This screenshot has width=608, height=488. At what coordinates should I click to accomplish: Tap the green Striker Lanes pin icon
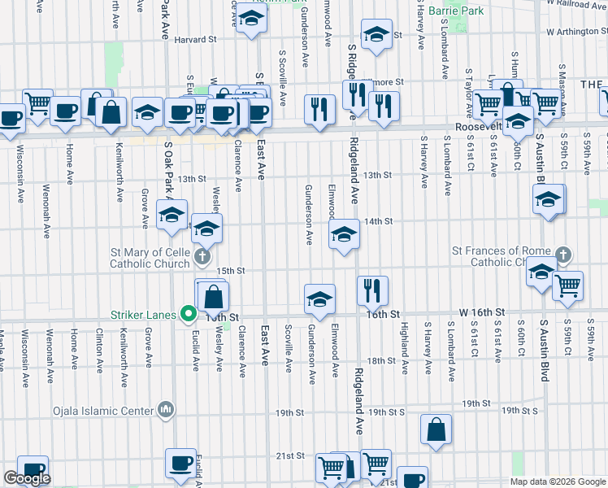[189, 313]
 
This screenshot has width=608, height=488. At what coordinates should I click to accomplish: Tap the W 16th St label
[482, 312]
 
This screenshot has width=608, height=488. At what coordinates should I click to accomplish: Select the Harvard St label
[195, 39]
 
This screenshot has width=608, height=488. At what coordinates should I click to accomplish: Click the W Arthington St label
[577, 33]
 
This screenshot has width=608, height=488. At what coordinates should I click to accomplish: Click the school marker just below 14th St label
[344, 235]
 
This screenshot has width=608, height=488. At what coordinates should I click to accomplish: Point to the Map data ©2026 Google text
[558, 481]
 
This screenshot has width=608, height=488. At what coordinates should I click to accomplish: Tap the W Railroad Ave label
[577, 4]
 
